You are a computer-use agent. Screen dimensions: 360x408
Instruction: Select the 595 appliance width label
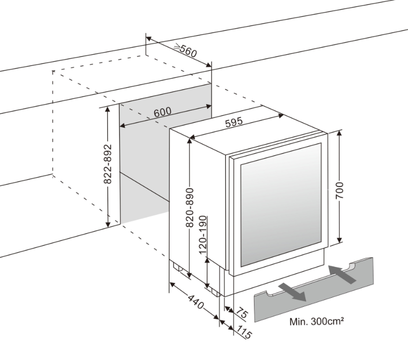[234, 122]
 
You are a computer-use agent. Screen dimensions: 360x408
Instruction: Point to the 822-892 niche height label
[108, 164]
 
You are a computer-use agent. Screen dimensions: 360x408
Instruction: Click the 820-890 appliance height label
[190, 208]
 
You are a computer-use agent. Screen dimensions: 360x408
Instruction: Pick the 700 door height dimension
[340, 190]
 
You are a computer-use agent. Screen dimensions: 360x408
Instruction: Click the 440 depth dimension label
[196, 304]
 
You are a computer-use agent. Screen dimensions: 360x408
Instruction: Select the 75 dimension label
[242, 313]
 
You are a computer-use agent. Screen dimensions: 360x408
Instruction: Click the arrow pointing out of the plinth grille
[292, 291]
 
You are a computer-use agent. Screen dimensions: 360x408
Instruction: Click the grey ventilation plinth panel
[313, 298]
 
